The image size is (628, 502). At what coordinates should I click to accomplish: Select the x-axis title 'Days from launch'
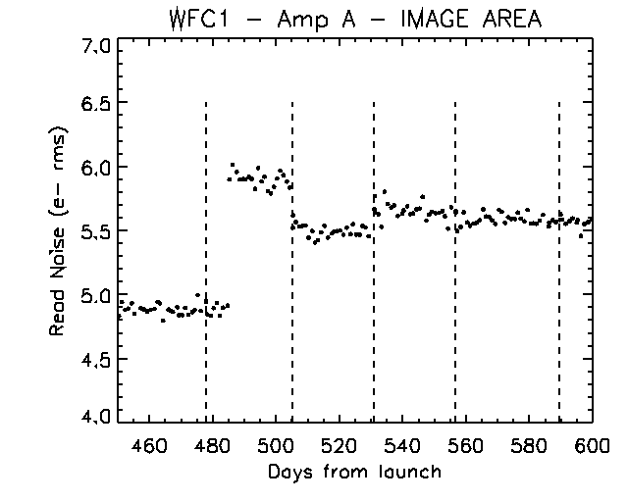click(354, 472)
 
